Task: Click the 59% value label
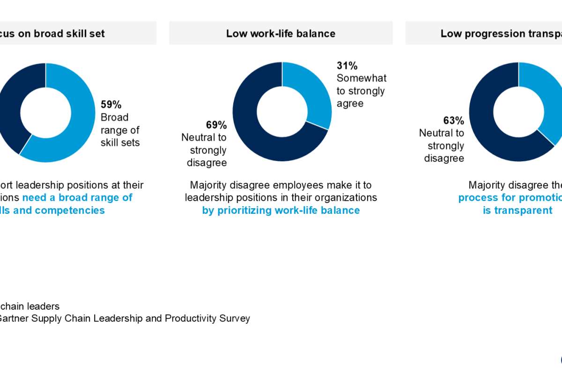111,105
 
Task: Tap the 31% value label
347,66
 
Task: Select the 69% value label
216,125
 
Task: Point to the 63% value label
454,120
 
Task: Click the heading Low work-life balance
281,33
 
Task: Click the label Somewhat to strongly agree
362,91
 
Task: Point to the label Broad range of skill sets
120,130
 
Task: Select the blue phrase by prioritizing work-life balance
281,210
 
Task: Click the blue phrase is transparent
518,210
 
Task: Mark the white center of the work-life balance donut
282,111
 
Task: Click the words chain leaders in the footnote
30,306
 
